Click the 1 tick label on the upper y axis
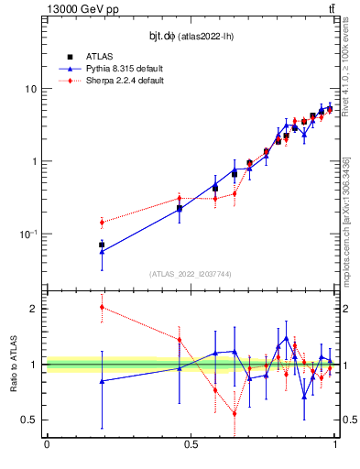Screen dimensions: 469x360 coord(34,161)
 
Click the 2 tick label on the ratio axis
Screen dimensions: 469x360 coord(34,309)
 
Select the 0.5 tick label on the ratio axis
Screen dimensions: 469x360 coord(29,420)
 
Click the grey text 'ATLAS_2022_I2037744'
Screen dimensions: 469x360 coord(190,274)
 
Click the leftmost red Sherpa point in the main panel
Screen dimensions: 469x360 coord(102,222)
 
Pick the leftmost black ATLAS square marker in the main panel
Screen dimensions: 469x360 coord(102,245)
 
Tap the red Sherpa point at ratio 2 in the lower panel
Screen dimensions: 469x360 coord(102,307)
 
